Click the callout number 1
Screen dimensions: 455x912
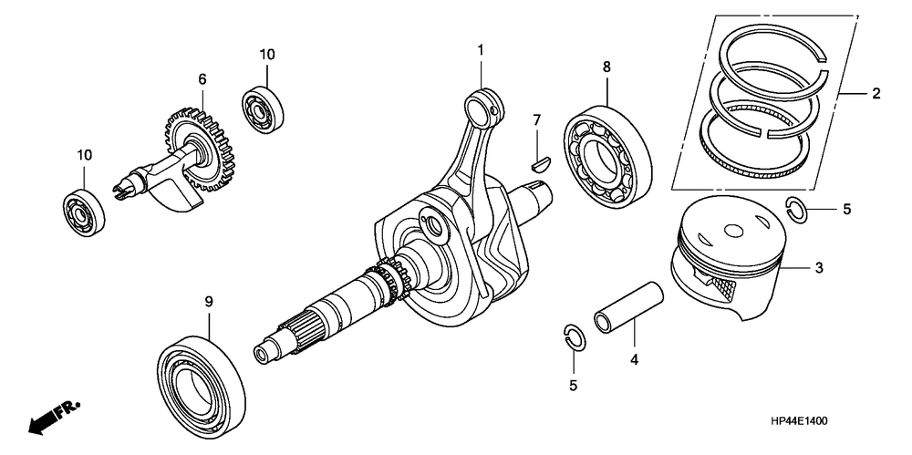point(481,49)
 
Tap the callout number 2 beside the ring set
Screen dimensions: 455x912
point(876,93)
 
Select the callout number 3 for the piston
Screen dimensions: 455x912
point(819,268)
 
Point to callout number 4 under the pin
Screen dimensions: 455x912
point(633,359)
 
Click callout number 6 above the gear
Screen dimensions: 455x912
point(202,79)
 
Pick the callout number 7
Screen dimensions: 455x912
point(537,120)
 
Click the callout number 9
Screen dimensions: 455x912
point(208,300)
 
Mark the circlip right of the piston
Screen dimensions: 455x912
point(797,209)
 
